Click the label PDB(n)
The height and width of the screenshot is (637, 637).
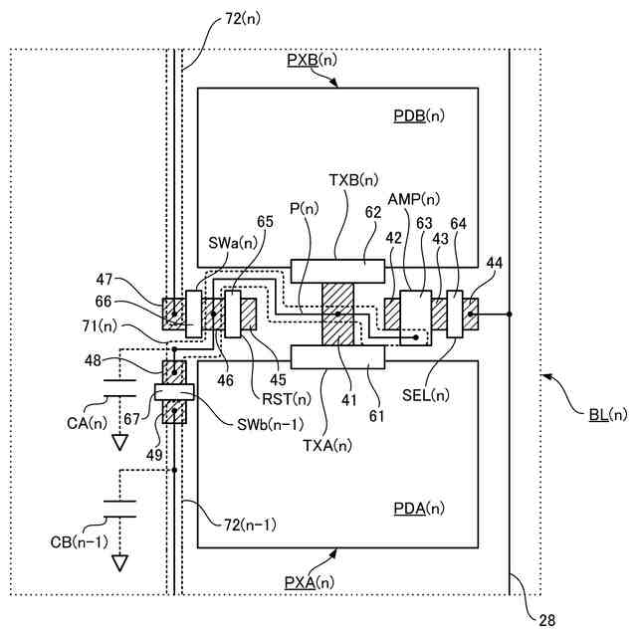click(419, 117)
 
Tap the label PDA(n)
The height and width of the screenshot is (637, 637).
click(419, 509)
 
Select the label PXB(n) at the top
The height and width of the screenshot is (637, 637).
click(312, 60)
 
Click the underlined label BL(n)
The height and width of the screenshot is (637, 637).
click(603, 414)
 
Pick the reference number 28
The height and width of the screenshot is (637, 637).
click(547, 621)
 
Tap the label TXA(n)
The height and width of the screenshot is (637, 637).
click(326, 445)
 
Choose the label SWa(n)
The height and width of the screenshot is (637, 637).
click(232, 241)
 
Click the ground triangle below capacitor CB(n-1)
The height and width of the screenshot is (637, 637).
click(120, 564)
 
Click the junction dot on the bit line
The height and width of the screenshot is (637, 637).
click(510, 314)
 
